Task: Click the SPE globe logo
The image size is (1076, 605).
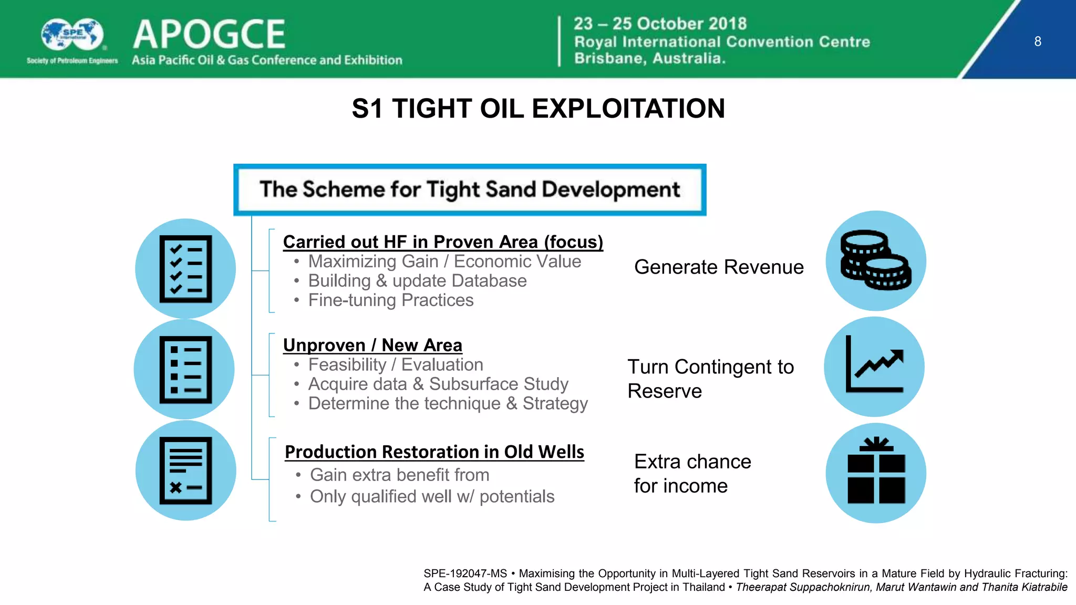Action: point(73,35)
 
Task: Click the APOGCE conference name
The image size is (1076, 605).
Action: point(209,35)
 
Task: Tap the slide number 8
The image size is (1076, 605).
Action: point(1038,41)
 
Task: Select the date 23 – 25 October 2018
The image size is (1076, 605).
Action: point(660,24)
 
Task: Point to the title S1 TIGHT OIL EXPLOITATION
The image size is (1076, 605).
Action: point(538,109)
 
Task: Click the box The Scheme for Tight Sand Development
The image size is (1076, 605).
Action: point(470,190)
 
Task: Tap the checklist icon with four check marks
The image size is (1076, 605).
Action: point(185,269)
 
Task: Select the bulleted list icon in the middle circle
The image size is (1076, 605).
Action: point(185,369)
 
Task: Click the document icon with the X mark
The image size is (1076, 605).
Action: point(185,471)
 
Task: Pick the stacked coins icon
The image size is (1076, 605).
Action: point(876,260)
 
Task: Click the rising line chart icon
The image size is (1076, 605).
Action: point(875,366)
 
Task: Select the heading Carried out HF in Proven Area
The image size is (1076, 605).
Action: point(443,242)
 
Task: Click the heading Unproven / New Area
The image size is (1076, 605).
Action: point(373,345)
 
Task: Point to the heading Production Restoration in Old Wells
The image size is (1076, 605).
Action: point(434,452)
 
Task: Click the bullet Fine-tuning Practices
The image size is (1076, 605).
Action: point(390,300)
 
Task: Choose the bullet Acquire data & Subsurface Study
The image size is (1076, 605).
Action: point(438,384)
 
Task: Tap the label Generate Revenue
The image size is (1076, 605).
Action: point(719,267)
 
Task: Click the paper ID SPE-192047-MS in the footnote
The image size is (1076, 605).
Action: point(465,573)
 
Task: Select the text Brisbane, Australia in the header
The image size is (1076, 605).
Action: point(649,58)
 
